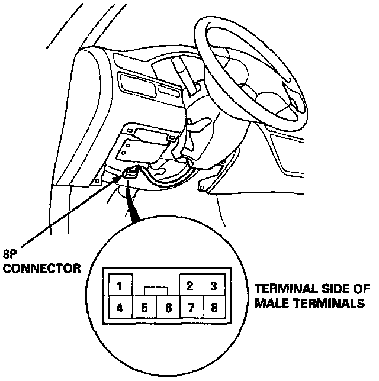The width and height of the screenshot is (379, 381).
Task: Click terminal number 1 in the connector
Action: (x=119, y=288)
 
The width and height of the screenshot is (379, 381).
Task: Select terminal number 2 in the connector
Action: (x=190, y=286)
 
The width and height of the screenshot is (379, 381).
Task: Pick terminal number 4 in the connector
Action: (x=119, y=308)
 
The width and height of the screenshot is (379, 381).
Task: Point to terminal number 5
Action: (x=144, y=308)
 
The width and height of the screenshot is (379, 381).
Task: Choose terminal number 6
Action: (x=168, y=308)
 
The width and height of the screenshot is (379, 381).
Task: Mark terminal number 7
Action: (x=191, y=308)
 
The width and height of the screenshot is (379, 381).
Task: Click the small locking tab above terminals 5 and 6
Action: (x=156, y=291)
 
